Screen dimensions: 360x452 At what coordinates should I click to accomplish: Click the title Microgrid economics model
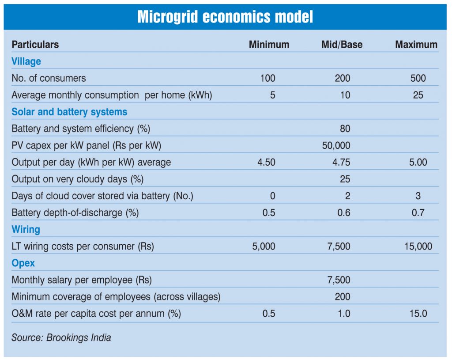[225, 17]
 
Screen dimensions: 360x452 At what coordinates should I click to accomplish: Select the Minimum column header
[269, 45]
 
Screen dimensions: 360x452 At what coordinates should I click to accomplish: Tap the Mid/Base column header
[342, 45]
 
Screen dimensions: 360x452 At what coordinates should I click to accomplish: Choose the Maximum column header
[416, 45]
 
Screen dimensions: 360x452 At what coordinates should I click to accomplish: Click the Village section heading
[26, 61]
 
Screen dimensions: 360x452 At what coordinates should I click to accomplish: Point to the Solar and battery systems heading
[69, 112]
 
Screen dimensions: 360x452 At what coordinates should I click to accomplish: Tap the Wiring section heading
[26, 230]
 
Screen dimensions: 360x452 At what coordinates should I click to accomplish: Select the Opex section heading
[23, 263]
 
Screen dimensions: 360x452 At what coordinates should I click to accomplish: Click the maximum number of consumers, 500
[418, 79]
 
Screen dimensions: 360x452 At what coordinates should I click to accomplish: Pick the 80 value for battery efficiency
[345, 129]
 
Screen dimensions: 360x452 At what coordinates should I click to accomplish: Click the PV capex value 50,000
[336, 146]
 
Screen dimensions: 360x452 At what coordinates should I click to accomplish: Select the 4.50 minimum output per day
[266, 163]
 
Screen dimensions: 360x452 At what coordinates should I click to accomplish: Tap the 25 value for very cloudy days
[345, 179]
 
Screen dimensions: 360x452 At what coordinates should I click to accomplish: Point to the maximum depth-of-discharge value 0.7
[418, 213]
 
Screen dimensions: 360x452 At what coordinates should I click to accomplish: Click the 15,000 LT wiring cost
[418, 246]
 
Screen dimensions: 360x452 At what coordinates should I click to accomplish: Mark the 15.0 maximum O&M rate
[418, 314]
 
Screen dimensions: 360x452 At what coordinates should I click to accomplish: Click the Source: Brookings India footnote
[61, 338]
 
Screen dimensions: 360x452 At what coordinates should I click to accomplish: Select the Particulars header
[35, 45]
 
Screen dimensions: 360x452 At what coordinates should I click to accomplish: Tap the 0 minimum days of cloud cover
[272, 196]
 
